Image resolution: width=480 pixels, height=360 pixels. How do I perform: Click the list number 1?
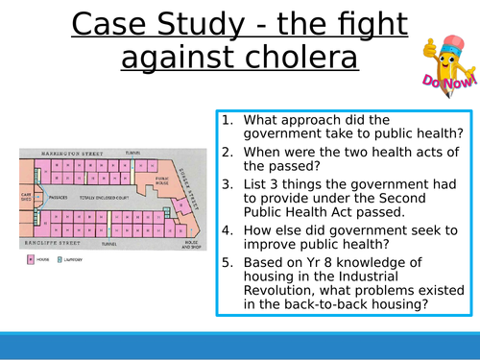[x=227, y=120]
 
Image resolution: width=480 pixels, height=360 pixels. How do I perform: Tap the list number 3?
[x=227, y=180]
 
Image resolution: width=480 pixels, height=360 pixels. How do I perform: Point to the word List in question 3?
[x=256, y=180]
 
